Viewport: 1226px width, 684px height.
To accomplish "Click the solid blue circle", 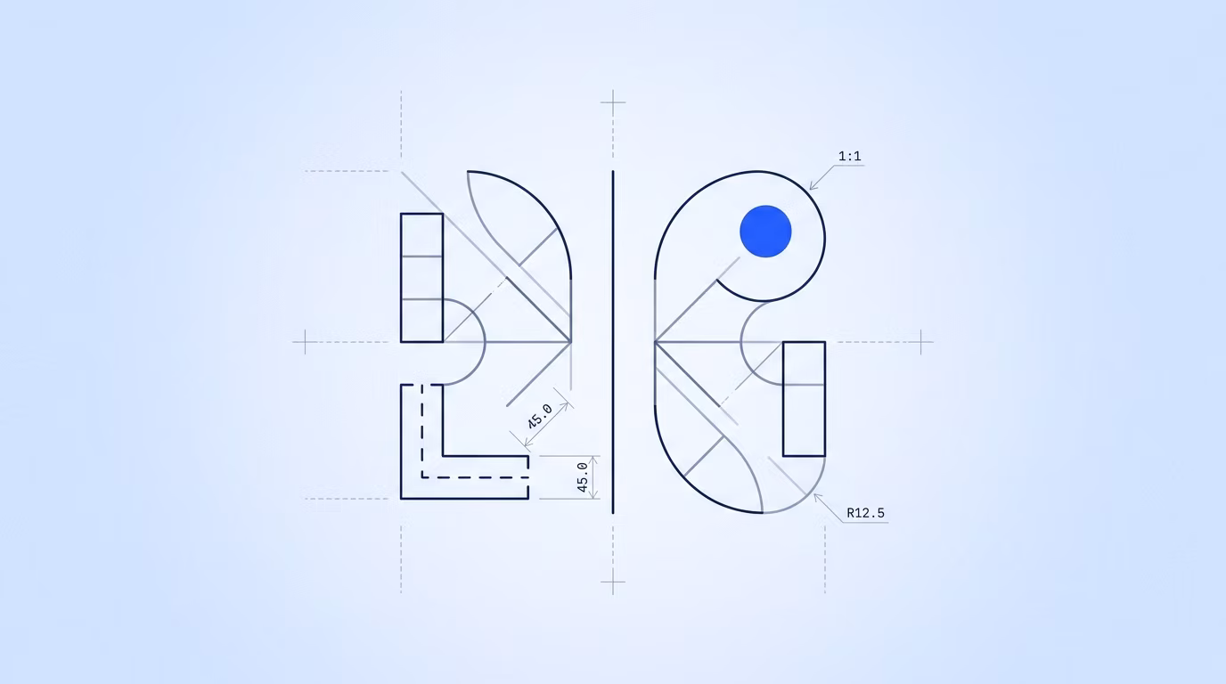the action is point(765,231).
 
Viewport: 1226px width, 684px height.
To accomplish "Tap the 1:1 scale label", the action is point(849,156).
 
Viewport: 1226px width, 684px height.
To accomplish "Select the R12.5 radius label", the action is point(865,513).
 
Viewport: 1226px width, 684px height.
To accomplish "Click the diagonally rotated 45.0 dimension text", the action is point(540,416).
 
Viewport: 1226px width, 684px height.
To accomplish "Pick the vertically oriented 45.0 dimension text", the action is point(583,477).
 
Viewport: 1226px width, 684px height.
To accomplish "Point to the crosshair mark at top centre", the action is point(613,102).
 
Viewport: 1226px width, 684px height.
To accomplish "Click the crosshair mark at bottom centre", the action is point(613,582).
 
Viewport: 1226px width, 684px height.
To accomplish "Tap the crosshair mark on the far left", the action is point(305,342).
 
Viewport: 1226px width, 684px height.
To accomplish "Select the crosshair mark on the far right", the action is point(921,342).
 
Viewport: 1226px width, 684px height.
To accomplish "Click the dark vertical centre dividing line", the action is point(613,342).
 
